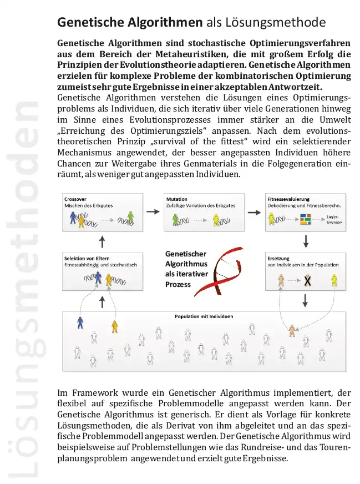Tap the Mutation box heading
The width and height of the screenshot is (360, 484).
(x=177, y=199)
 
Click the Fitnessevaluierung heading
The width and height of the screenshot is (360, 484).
(x=288, y=199)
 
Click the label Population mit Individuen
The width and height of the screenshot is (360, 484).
(x=204, y=316)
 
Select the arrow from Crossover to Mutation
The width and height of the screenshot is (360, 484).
(x=151, y=212)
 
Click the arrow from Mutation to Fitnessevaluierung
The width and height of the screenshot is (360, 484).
(x=253, y=212)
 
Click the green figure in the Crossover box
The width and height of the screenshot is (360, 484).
(x=130, y=218)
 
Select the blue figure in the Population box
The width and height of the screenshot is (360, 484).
(x=81, y=321)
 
